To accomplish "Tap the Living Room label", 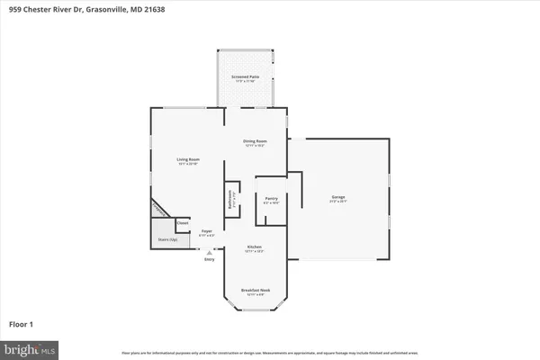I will tap(188, 159).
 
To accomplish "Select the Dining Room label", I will tap(256, 140).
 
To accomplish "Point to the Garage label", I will tap(338, 196).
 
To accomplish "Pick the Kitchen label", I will tap(255, 247).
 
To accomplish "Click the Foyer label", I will tap(206, 231).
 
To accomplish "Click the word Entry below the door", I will tap(209, 260).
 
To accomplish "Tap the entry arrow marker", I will tap(209, 254).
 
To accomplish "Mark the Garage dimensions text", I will tap(338, 202).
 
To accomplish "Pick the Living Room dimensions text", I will tap(188, 165).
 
